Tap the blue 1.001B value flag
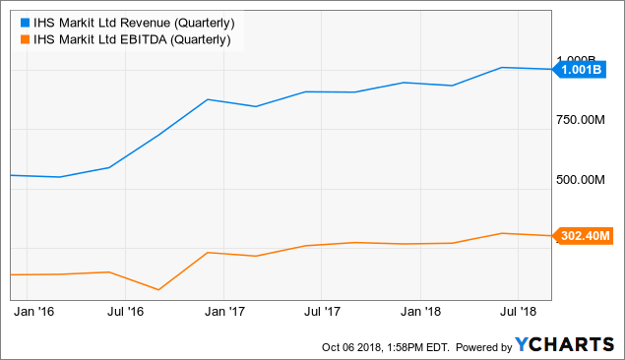580,70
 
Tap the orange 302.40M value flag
585,236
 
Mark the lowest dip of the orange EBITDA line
158,290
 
